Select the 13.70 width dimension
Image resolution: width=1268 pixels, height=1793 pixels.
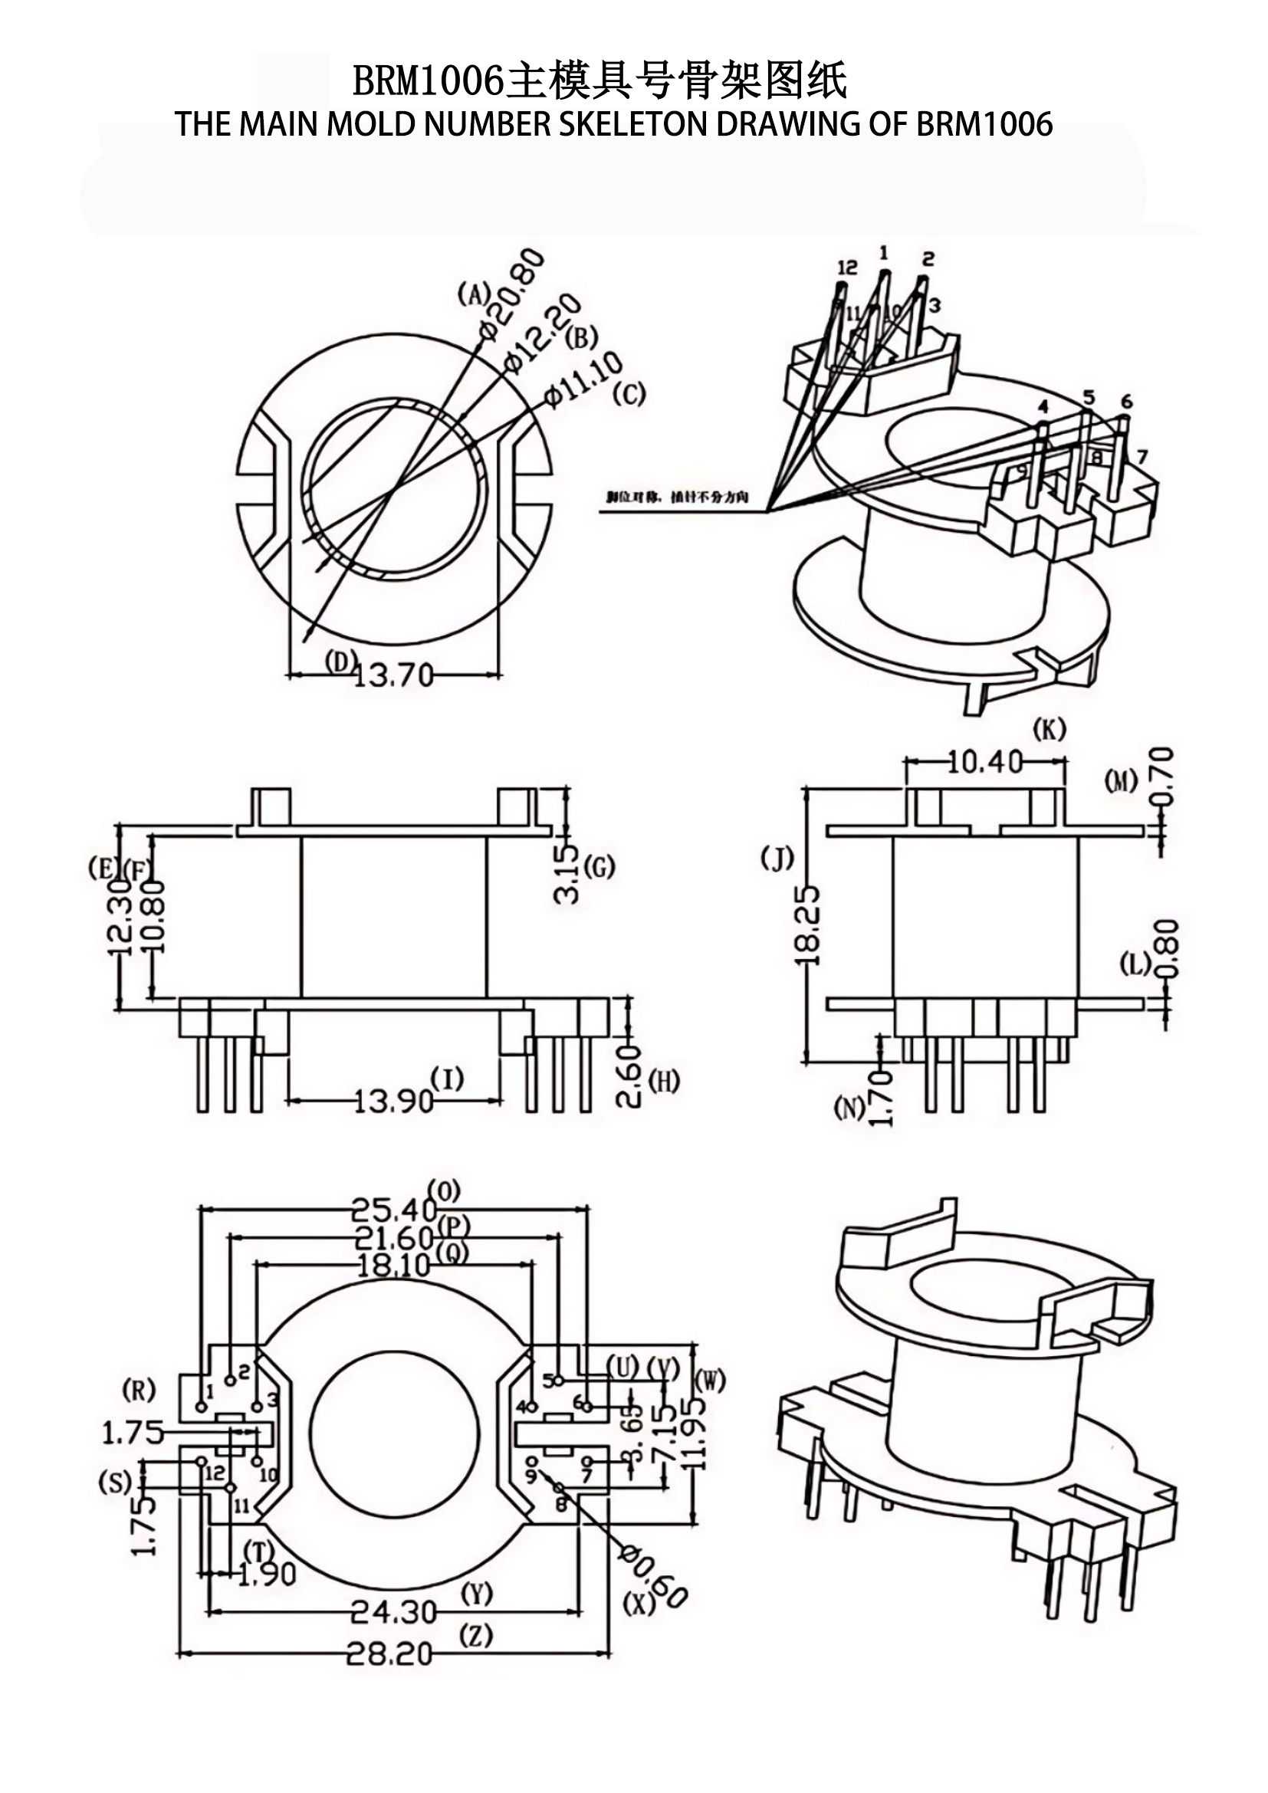393,675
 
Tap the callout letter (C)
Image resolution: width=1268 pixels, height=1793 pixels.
629,395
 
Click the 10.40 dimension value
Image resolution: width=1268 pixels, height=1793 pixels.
984,761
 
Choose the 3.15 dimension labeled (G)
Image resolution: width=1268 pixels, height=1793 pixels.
567,874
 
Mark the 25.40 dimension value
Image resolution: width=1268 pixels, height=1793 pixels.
393,1210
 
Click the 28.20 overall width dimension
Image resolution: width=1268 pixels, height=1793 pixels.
389,1654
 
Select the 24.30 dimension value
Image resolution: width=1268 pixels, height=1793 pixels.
393,1611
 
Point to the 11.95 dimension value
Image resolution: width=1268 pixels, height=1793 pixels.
692,1433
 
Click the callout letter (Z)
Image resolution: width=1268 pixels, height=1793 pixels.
475,1636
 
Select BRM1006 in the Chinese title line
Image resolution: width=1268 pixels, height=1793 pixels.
428,80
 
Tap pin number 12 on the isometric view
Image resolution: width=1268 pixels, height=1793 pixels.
847,267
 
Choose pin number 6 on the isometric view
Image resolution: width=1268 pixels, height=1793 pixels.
1126,402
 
